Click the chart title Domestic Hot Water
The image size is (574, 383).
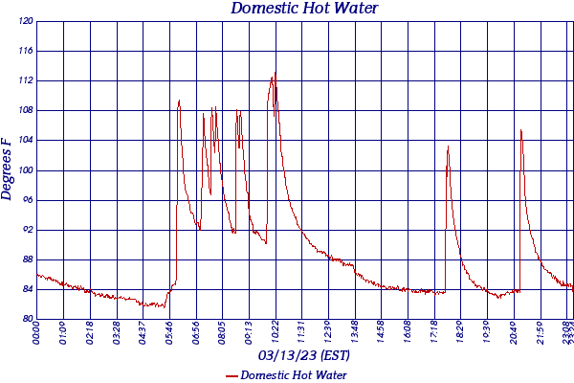pyautogui.click(x=305, y=9)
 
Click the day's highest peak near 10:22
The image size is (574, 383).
pyautogui.click(x=275, y=74)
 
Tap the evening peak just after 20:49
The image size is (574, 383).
pyautogui.click(x=520, y=130)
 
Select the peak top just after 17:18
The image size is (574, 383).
pyautogui.click(x=448, y=146)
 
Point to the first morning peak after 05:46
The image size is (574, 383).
pyautogui.click(x=179, y=100)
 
